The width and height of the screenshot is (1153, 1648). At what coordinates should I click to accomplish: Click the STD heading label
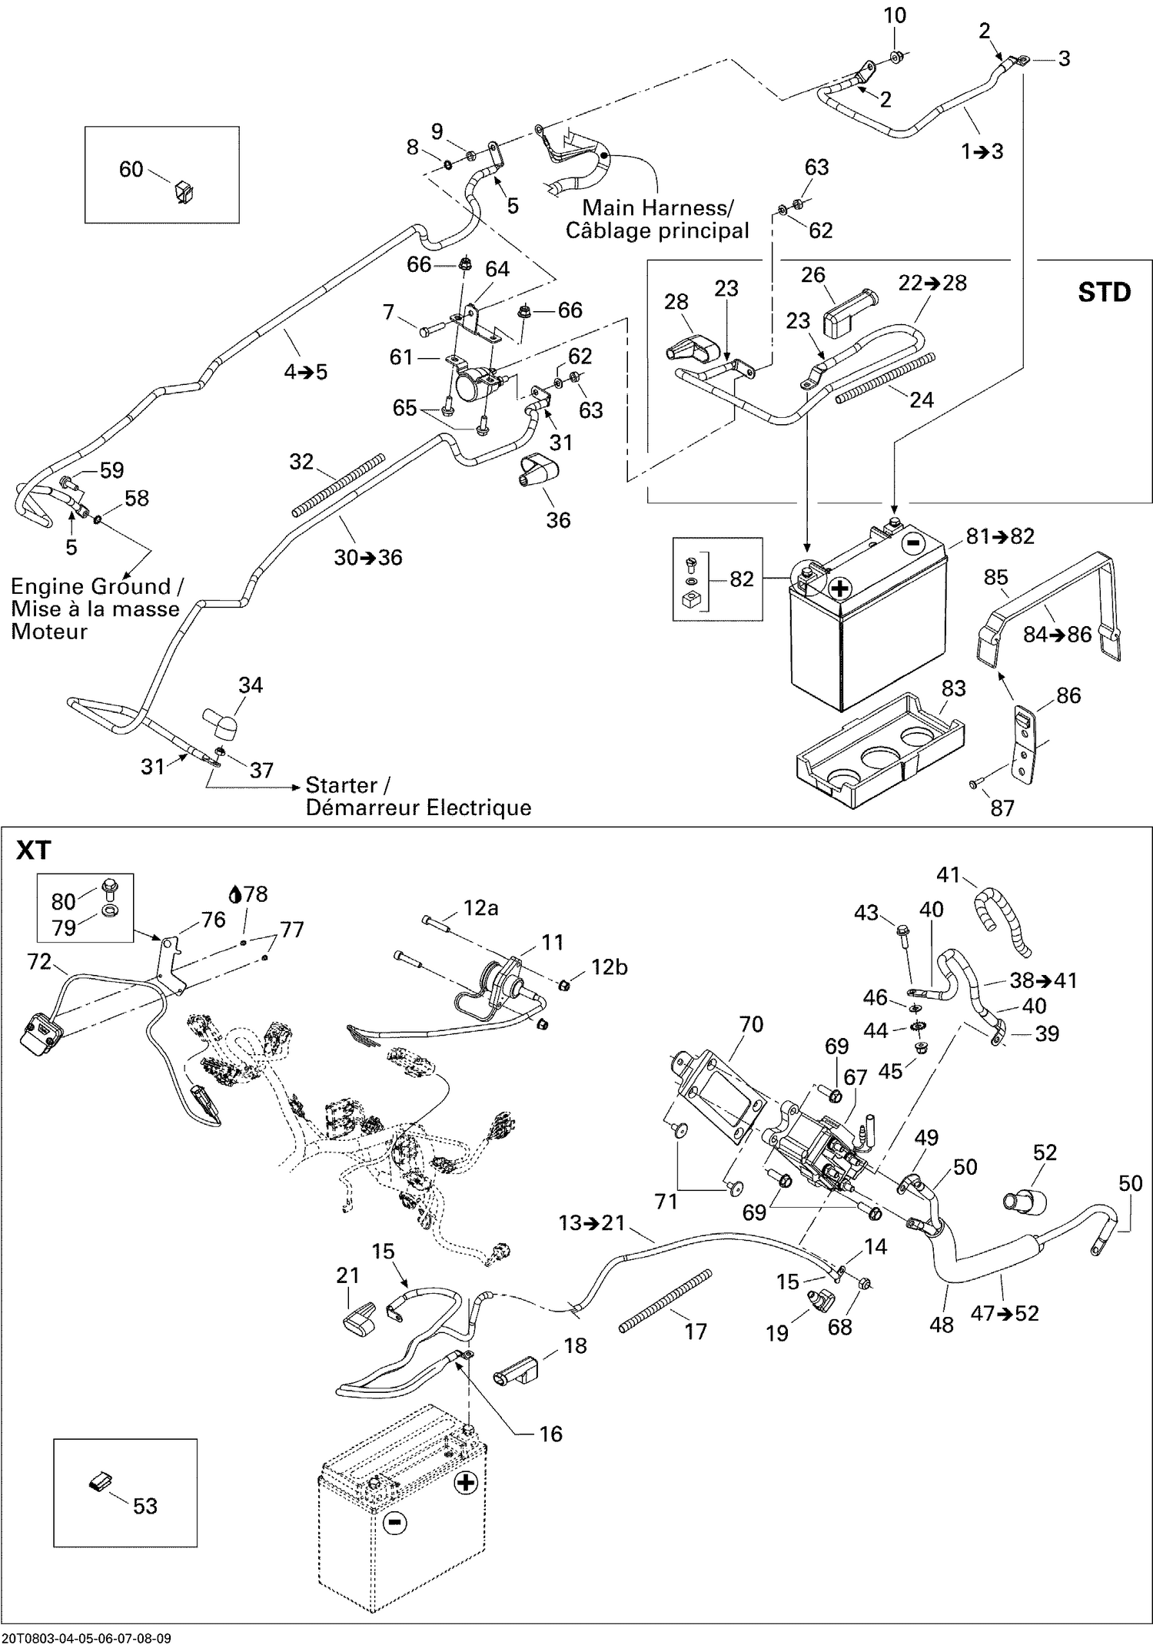tap(1104, 293)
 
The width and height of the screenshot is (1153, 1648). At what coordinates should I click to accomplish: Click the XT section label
tap(34, 851)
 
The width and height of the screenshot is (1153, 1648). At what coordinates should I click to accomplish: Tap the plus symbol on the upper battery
tap(840, 589)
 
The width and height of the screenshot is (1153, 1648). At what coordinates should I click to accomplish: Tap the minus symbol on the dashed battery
tap(395, 1521)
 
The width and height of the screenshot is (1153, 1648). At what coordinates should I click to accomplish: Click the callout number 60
tap(131, 169)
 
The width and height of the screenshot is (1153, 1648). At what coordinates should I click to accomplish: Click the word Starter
tap(341, 785)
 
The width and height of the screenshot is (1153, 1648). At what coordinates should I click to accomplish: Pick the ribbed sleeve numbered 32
tap(338, 484)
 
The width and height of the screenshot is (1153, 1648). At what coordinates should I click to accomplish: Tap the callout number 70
tap(750, 1024)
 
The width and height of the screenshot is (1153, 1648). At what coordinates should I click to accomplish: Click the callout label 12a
tap(480, 908)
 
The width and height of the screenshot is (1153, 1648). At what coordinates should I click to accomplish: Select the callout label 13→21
tap(591, 1222)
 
